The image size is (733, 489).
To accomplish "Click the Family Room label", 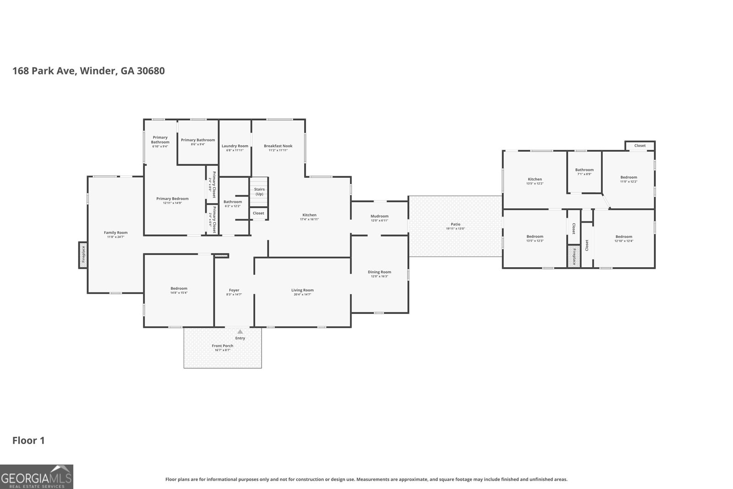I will (x=115, y=233).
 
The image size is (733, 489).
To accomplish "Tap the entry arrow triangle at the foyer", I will (x=240, y=331).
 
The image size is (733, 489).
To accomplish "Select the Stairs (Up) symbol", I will (x=259, y=192).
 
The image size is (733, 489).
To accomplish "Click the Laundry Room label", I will (x=235, y=146).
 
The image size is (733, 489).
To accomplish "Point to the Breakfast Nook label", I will (x=278, y=146).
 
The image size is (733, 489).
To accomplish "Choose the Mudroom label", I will (x=379, y=216).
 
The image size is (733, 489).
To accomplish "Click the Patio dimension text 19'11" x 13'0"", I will (x=455, y=229).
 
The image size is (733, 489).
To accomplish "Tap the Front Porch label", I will (x=223, y=346).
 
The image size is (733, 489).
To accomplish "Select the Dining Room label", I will (x=379, y=272).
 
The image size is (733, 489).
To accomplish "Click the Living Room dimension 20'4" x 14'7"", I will (x=302, y=295).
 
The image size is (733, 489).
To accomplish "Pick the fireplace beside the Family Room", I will (x=83, y=255).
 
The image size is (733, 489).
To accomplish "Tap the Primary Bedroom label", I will (x=172, y=199).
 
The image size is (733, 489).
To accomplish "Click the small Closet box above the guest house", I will (x=640, y=146).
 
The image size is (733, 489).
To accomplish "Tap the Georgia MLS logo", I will (x=37, y=477).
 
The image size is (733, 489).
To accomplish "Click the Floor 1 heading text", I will (x=28, y=441).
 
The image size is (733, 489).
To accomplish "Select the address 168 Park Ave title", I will (x=88, y=71).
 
